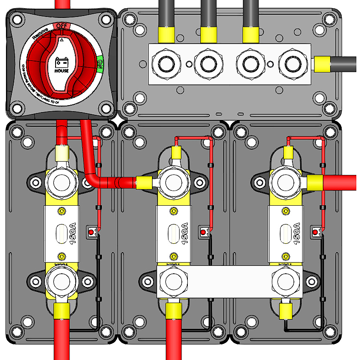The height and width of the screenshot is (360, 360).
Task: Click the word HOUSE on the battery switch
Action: click(62, 71)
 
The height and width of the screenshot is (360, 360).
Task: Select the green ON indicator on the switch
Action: click(100, 61)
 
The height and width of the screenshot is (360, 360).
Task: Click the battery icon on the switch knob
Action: click(62, 62)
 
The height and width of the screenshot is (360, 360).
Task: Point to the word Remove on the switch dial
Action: click(39, 34)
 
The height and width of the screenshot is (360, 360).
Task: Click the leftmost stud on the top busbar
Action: click(164, 65)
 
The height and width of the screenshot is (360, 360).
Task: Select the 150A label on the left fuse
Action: click(72, 234)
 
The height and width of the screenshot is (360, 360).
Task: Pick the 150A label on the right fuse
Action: click(297, 234)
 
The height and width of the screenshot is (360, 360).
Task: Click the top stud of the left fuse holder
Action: click(62, 182)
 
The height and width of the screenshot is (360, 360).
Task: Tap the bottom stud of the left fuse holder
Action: click(61, 281)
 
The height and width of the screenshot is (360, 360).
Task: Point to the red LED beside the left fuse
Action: click(91, 233)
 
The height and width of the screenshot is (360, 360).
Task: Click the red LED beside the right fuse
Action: click(315, 233)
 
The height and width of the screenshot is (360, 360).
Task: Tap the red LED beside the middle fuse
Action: click(203, 233)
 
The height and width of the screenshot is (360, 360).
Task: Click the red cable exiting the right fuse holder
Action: click(340, 182)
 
